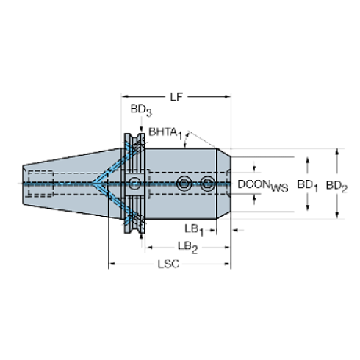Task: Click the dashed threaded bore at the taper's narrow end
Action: (x=40, y=182)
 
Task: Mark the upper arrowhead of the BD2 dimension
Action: (x=337, y=151)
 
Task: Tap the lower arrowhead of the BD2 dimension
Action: (x=337, y=216)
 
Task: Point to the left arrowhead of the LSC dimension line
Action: (x=112, y=263)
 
